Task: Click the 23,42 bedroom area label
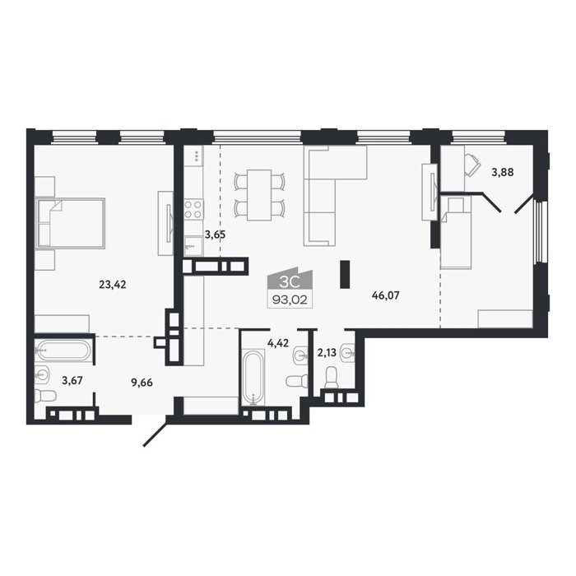pyautogui.click(x=113, y=284)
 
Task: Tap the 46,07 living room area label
pyautogui.click(x=385, y=295)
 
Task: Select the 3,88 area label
pyautogui.click(x=503, y=172)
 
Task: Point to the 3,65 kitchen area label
pyautogui.click(x=215, y=235)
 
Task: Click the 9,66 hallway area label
pyautogui.click(x=142, y=383)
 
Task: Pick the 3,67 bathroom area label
pyautogui.click(x=72, y=380)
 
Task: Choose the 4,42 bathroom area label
pyautogui.click(x=278, y=343)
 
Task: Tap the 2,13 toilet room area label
pyautogui.click(x=327, y=353)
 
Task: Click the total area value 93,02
pyautogui.click(x=290, y=301)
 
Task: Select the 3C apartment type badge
pyautogui.click(x=290, y=282)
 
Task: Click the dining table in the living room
pyautogui.click(x=259, y=195)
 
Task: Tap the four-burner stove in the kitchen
pyautogui.click(x=193, y=209)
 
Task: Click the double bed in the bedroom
pyautogui.click(x=70, y=223)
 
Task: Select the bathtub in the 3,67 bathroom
pyautogui.click(x=62, y=350)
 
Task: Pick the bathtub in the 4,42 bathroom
pyautogui.click(x=253, y=377)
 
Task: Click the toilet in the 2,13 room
pyautogui.click(x=332, y=377)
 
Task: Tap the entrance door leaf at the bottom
pyautogui.click(x=155, y=434)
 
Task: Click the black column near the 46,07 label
pyautogui.click(x=345, y=274)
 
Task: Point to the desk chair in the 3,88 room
pyautogui.click(x=473, y=165)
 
